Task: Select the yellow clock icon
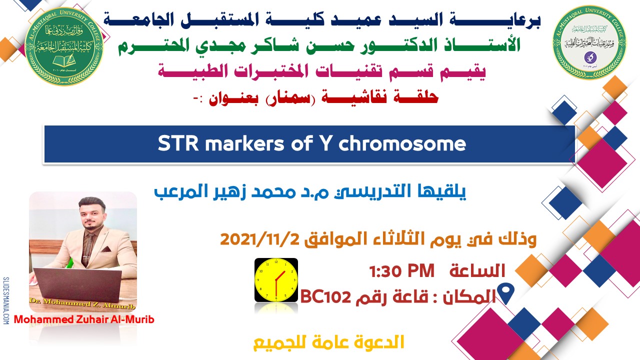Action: coord(276,280)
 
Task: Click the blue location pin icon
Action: coord(507,294)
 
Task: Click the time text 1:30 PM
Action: coord(401,271)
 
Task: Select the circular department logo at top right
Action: coord(584,42)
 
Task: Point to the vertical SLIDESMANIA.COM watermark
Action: coord(6,300)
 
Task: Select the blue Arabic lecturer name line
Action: coord(310,191)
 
